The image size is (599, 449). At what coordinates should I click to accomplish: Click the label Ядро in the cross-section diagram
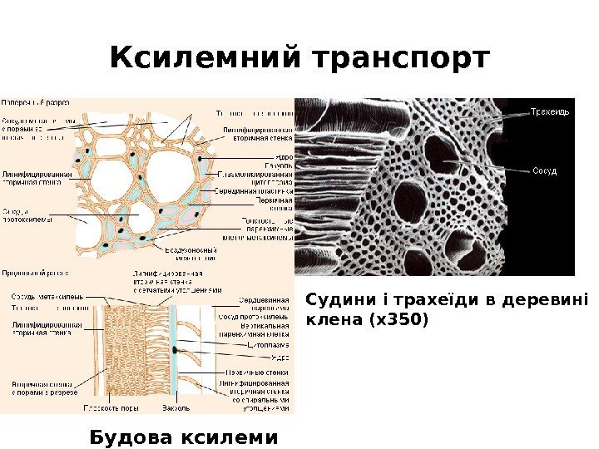284,155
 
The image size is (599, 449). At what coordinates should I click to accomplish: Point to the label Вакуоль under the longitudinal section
176,408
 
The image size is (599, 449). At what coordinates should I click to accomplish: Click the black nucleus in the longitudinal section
177,350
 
